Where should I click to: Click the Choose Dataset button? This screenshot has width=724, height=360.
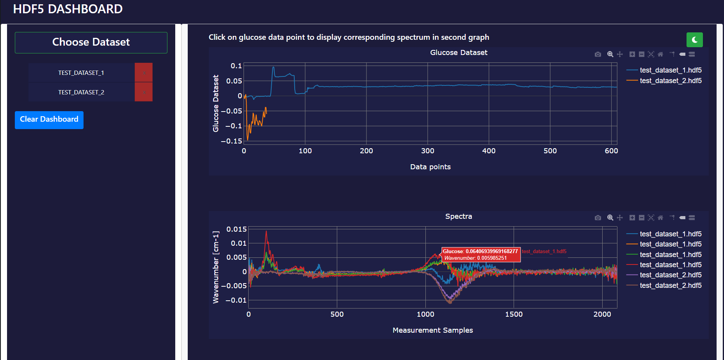click(91, 43)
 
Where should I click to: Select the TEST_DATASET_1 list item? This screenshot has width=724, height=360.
click(81, 73)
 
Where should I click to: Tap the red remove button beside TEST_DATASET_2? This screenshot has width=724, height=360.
click(144, 92)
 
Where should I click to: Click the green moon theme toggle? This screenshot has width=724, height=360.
click(694, 39)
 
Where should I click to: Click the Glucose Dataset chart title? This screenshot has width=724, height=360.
click(459, 53)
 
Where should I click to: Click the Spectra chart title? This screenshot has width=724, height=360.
click(459, 216)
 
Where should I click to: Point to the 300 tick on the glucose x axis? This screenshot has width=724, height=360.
click(428, 151)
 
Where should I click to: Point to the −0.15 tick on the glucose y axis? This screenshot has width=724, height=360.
click(231, 141)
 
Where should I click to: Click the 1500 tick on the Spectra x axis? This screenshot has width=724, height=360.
click(514, 314)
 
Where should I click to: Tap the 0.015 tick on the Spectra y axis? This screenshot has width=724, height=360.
click(237, 229)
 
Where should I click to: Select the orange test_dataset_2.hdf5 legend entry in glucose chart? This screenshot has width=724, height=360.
click(671, 81)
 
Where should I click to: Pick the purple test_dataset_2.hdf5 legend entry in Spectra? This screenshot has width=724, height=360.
click(671, 275)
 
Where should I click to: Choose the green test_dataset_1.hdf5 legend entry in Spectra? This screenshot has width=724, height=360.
click(671, 255)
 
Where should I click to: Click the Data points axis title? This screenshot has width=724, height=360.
click(430, 167)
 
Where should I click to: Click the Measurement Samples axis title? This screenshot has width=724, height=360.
click(432, 330)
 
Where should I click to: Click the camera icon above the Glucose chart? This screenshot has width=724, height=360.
click(598, 54)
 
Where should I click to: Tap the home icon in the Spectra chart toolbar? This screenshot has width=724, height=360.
click(660, 218)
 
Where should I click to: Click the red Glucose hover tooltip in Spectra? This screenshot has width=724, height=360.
click(480, 255)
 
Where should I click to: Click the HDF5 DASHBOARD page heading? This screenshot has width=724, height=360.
click(68, 9)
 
